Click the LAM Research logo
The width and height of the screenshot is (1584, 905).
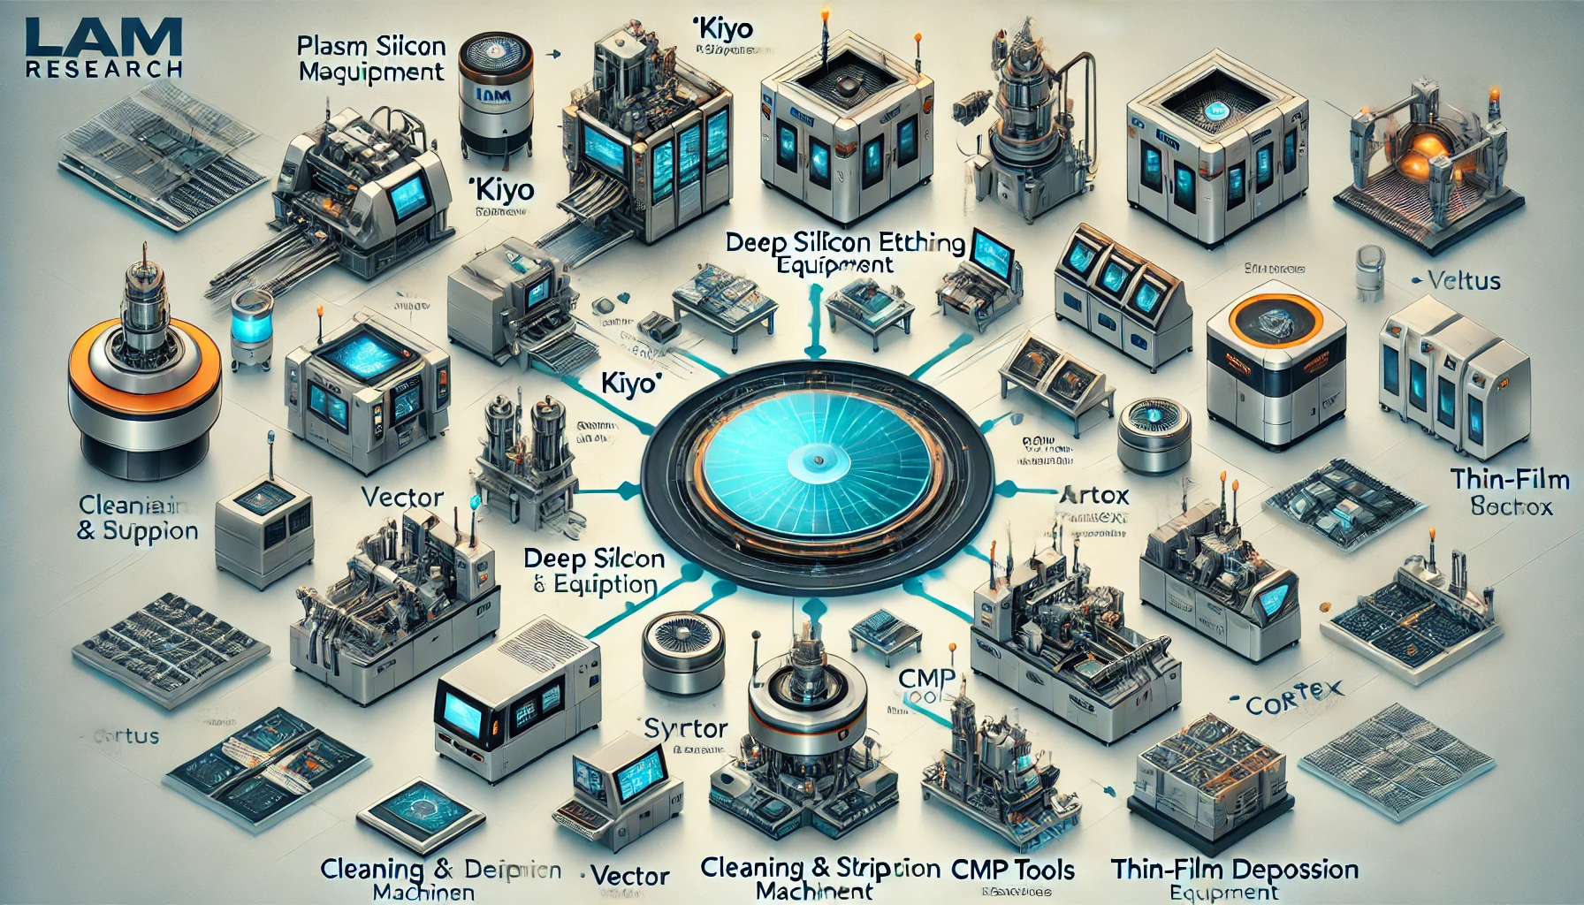(103, 49)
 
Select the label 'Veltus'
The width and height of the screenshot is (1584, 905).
(1463, 281)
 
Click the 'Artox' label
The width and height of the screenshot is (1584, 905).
(1093, 495)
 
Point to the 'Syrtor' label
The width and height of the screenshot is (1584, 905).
(686, 728)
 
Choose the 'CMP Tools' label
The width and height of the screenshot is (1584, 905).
(1013, 870)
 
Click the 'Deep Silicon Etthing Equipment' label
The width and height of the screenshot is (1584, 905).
(845, 253)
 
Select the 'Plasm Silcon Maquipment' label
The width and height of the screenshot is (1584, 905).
(371, 58)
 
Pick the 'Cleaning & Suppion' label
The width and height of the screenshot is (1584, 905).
(137, 517)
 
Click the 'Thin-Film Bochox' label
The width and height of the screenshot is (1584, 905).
(1510, 492)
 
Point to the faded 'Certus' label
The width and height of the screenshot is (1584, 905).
(128, 735)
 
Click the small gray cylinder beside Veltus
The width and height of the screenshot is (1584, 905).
(1368, 271)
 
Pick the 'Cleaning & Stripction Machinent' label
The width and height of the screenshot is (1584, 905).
(819, 878)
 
